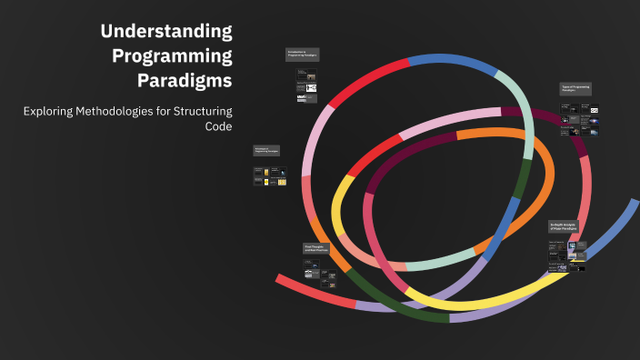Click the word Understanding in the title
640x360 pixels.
(166, 31)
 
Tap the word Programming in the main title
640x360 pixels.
(172, 55)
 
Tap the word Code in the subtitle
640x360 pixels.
(219, 126)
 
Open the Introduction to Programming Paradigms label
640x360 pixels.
(302, 55)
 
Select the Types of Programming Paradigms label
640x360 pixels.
(576, 89)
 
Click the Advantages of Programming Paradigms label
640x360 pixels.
(266, 151)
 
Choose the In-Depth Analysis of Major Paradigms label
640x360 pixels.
(565, 226)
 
